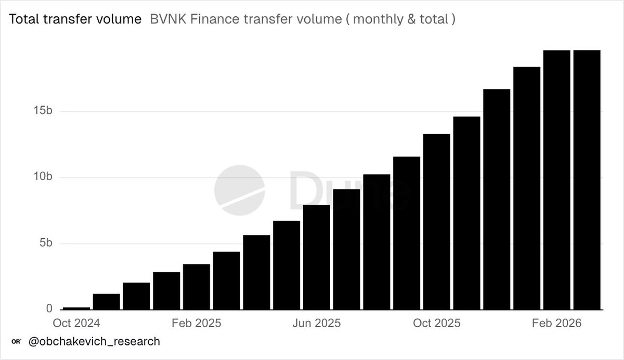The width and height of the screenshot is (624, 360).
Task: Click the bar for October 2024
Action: coord(76,308)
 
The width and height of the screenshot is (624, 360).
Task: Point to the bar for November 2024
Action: coord(107,302)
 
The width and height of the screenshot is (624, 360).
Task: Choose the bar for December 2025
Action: coord(497,200)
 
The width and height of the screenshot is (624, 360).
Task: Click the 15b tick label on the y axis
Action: coord(41,112)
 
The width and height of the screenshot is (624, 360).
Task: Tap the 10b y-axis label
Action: coord(41,177)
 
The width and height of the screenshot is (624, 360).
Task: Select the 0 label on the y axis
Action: coord(49,309)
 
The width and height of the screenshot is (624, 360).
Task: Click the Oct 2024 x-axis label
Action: coord(76,323)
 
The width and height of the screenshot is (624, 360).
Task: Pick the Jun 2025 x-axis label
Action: coord(317,323)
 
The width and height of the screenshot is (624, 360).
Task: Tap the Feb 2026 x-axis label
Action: coord(557,323)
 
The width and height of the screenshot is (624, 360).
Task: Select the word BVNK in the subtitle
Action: coord(165,20)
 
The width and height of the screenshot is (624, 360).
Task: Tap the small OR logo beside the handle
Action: coord(16,342)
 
